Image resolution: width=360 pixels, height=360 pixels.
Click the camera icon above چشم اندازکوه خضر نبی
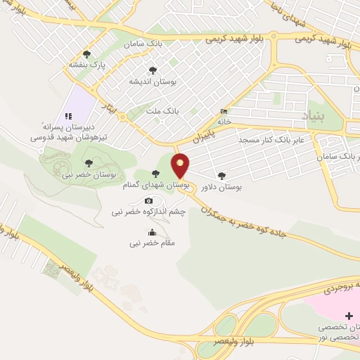pyautogui.click(x=148, y=202)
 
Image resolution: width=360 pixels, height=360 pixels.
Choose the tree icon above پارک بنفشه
pyautogui.click(x=86, y=53)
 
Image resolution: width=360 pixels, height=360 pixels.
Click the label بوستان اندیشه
pyautogui.click(x=152, y=82)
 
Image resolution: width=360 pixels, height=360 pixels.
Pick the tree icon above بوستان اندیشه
pyautogui.click(x=153, y=70)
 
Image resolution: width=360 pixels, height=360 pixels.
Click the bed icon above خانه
pyautogui.click(x=224, y=111)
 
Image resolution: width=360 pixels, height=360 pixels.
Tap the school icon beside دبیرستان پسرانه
pyautogui.click(x=67, y=116)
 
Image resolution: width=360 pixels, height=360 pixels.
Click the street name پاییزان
pyautogui.click(x=202, y=133)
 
